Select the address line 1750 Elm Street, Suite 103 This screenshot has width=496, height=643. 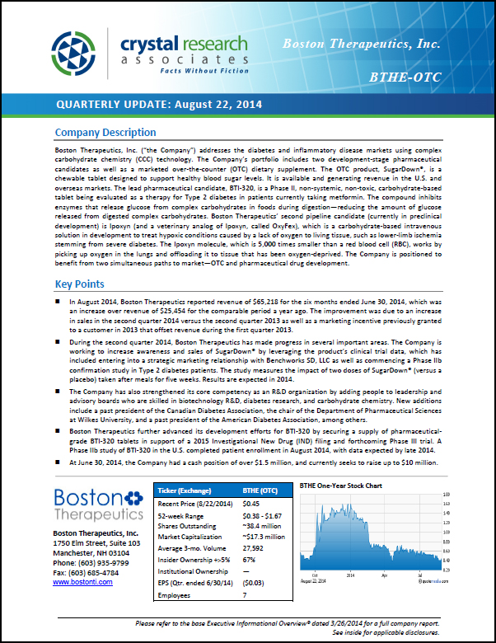pyautogui.click(x=96, y=543)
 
